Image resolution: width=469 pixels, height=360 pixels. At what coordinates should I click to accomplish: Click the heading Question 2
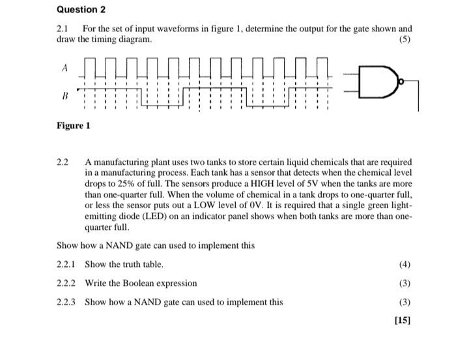coord(81,10)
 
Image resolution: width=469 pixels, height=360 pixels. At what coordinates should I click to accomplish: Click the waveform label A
coord(64,67)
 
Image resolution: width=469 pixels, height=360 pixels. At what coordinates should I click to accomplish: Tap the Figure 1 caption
coord(72,125)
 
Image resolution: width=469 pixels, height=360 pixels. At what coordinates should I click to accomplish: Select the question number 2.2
coord(63,161)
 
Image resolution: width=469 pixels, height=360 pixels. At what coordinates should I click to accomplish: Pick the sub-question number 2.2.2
coord(66,283)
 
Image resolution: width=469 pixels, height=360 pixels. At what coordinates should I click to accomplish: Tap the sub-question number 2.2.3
coord(66,302)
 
